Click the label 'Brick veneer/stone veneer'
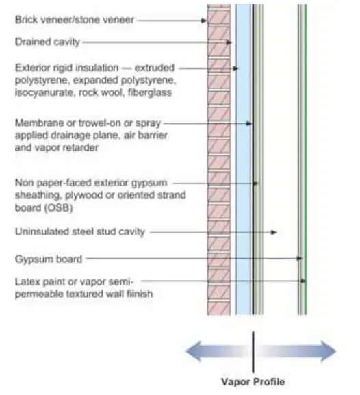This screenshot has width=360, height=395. (75, 20)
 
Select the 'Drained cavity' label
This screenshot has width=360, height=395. (47, 42)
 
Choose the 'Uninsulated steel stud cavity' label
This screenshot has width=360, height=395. (80, 232)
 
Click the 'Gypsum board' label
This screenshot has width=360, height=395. (49, 259)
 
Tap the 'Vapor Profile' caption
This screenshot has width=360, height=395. (253, 381)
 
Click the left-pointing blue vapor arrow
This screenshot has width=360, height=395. (217, 351)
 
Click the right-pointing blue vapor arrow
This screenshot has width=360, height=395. (297, 351)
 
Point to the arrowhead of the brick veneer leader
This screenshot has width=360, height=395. (204, 21)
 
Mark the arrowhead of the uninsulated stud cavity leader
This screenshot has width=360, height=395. (274, 232)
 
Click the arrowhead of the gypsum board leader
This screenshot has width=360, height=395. (299, 259)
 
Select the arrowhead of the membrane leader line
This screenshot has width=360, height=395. (249, 123)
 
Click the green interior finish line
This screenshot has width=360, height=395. (305, 160)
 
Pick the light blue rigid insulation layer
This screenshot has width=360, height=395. (244, 160)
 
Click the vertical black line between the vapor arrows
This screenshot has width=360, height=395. (253, 352)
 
